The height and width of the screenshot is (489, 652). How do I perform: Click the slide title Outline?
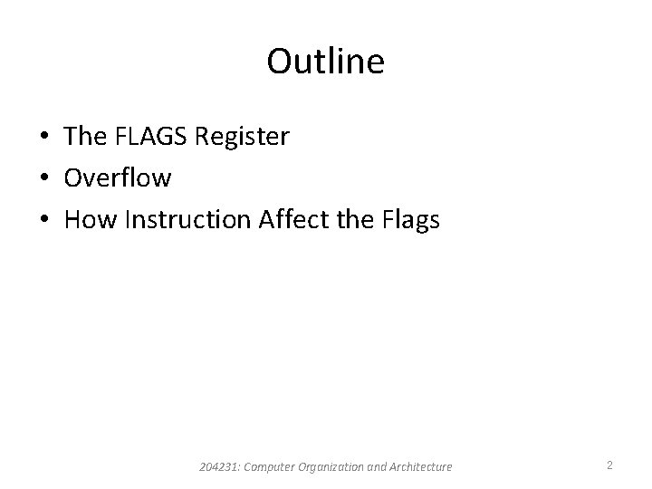pos(325,62)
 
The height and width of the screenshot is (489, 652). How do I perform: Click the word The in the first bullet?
pos(85,137)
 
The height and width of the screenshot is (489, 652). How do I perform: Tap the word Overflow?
pos(118,177)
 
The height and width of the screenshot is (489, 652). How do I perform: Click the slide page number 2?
pos(609,465)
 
